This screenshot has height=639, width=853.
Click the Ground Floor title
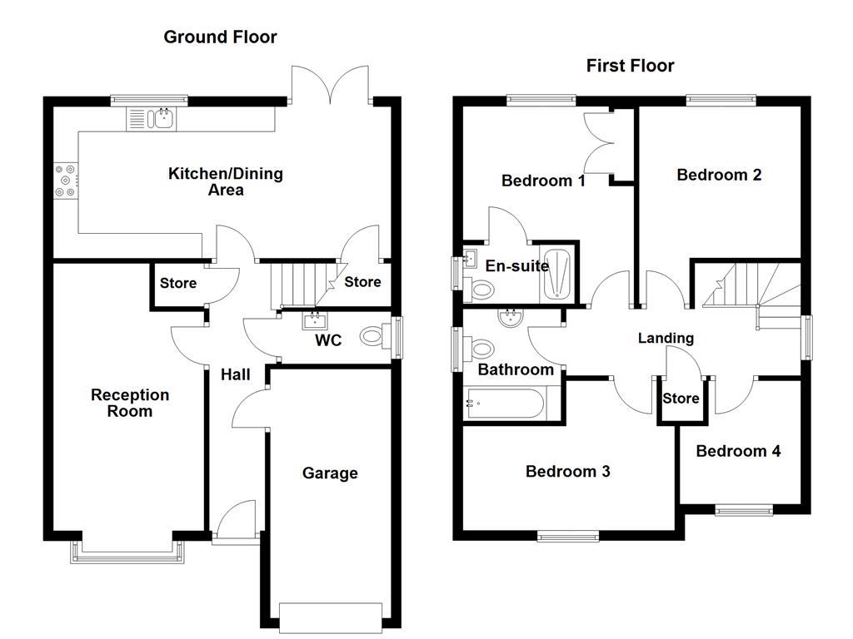pyautogui.click(x=220, y=37)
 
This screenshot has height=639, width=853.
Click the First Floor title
pyautogui.click(x=630, y=66)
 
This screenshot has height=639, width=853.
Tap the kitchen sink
pyautogui.click(x=151, y=120)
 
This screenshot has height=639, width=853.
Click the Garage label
pyautogui.click(x=330, y=473)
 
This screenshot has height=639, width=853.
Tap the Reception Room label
pyautogui.click(x=130, y=403)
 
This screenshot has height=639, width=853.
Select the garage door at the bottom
pyautogui.click(x=332, y=616)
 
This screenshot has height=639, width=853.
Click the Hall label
pyautogui.click(x=235, y=375)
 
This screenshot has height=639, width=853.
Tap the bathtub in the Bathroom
pyautogui.click(x=505, y=405)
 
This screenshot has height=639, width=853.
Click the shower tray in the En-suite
pyautogui.click(x=557, y=273)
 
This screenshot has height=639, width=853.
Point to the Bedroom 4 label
pyautogui.click(x=738, y=451)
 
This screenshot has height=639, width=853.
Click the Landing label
pyautogui.click(x=666, y=338)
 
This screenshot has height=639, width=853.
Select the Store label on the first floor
pyautogui.click(x=681, y=399)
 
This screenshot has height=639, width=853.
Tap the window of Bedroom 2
pyautogui.click(x=721, y=101)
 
